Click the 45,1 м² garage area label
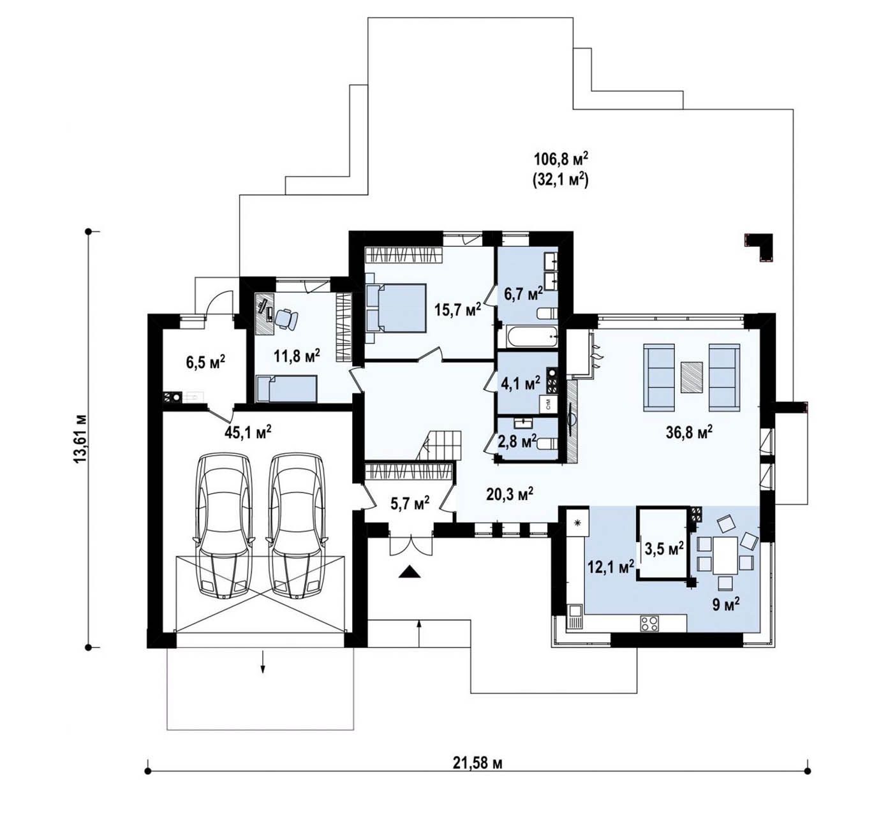pyautogui.click(x=248, y=432)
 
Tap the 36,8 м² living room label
pyautogui.click(x=689, y=432)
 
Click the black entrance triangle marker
pyautogui.click(x=410, y=573)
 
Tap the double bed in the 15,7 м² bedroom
pyautogui.click(x=396, y=308)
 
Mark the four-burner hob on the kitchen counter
pyautogui.click(x=650, y=623)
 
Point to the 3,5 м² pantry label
pyautogui.click(x=664, y=549)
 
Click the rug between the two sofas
pyautogui.click(x=692, y=377)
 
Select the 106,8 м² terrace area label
pyautogui.click(x=561, y=158)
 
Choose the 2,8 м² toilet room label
pyautogui.click(x=517, y=442)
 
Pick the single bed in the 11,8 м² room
pyautogui.click(x=286, y=389)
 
